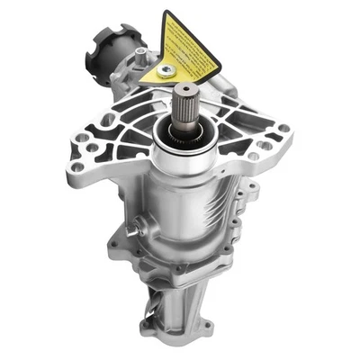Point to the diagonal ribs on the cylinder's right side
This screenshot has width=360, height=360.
pos(236,207)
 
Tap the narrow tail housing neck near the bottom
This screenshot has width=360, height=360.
pos(184,301)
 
